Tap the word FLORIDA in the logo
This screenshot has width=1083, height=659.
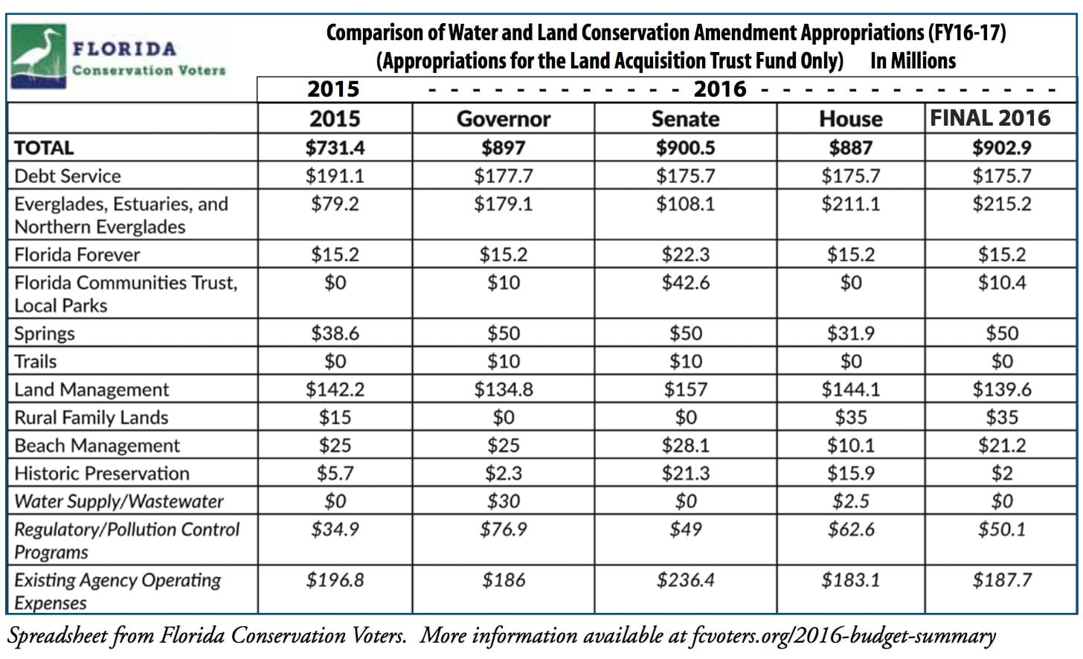[x=124, y=49]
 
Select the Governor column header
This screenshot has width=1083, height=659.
[x=504, y=119]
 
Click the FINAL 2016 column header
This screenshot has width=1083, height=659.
[x=990, y=118]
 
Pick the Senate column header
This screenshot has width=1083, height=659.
[x=685, y=119]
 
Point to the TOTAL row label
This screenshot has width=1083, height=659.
[x=44, y=148]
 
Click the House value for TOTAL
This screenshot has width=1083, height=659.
[x=850, y=147]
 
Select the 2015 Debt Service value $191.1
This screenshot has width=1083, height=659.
[x=335, y=176]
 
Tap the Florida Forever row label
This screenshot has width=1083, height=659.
[x=77, y=254]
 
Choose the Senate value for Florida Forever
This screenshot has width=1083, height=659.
[x=685, y=254]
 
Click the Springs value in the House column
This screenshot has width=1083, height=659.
[x=850, y=333]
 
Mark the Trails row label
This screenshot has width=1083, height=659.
[x=35, y=361]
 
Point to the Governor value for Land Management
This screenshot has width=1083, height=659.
[x=504, y=389]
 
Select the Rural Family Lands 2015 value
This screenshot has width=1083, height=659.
[x=335, y=417]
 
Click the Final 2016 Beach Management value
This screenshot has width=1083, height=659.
[x=1002, y=446]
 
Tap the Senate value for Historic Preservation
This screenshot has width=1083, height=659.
[x=685, y=473]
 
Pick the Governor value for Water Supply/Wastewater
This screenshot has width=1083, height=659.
[x=504, y=501]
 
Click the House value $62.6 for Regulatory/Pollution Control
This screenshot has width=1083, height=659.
[x=850, y=530]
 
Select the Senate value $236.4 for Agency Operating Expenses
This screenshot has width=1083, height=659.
[x=685, y=579]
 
